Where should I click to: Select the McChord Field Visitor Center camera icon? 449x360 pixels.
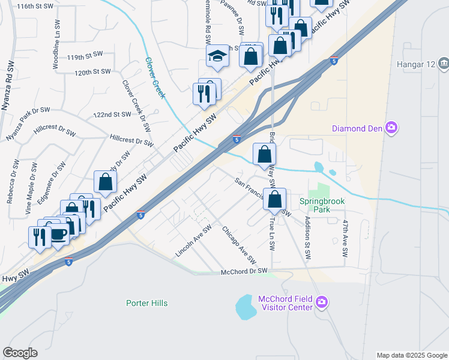coord(322,301)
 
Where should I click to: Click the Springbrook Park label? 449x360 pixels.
coord(322,206)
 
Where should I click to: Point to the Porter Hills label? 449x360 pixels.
coord(147,303)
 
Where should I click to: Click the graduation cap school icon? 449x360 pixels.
coord(217,57)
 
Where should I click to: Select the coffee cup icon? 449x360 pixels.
coord(59,235)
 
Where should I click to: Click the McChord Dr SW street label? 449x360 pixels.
coord(244,271)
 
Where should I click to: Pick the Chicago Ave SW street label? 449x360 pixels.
coord(239,246)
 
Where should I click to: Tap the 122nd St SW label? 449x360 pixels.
coord(112,114)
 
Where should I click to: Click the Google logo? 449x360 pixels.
coord(20,353)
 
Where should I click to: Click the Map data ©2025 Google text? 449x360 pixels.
coord(412,355)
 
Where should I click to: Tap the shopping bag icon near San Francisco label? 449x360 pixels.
coord(274,199)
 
